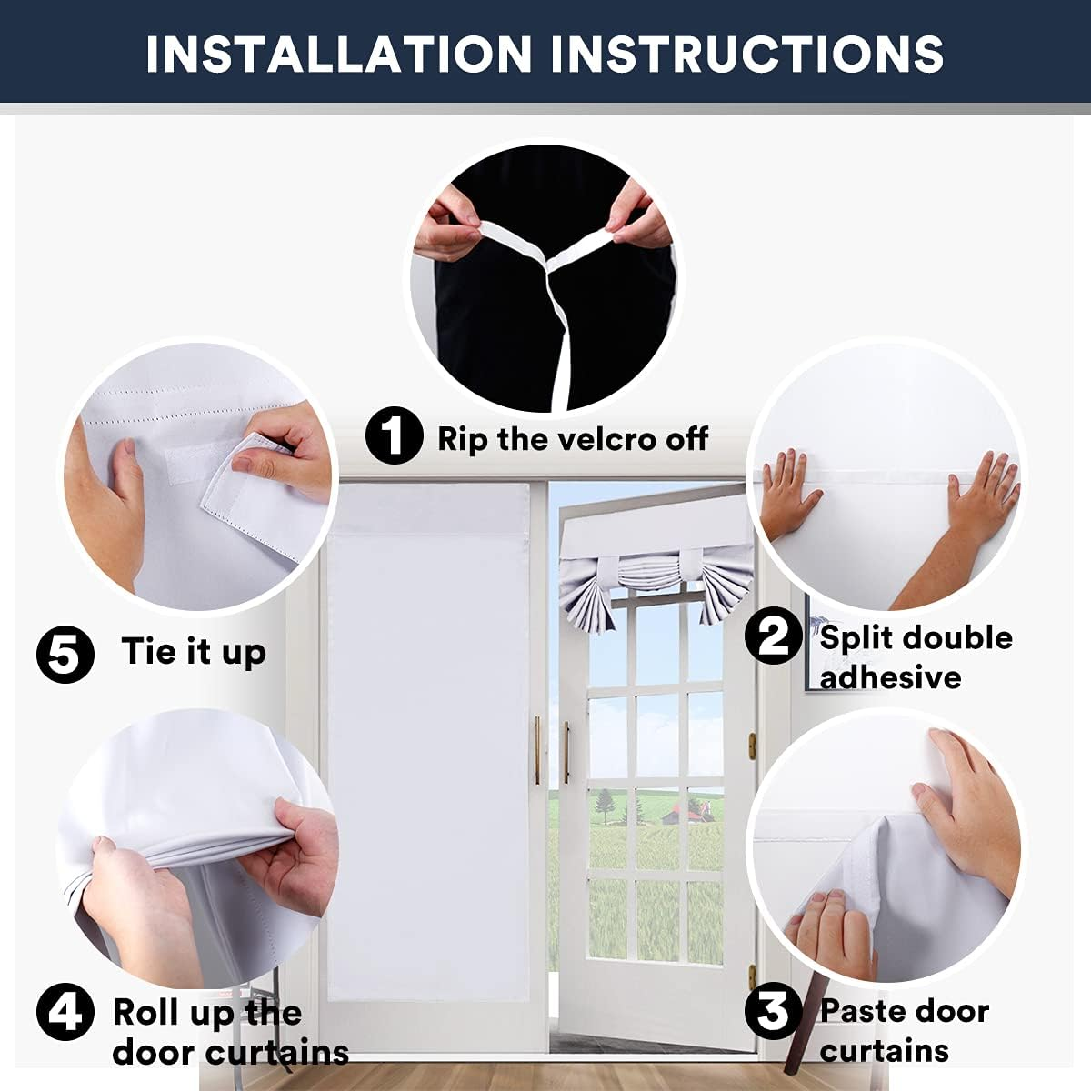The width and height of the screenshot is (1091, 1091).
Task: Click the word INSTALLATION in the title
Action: click(x=338, y=54)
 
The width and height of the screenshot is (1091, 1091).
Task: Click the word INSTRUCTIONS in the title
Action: click(x=746, y=54)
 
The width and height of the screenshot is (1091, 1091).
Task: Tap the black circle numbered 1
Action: click(x=394, y=435)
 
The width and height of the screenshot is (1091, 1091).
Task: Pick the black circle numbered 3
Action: click(x=774, y=1012)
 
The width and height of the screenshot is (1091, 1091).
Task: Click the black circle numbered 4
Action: click(x=65, y=1012)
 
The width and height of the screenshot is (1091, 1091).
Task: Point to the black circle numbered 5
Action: click(x=65, y=655)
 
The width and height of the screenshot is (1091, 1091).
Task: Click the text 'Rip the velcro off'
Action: click(x=573, y=438)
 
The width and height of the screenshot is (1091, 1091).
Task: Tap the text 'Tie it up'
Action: click(x=194, y=652)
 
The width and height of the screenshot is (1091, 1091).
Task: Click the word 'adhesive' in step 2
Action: click(x=891, y=676)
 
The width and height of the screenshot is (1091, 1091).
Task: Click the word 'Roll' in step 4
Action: click(x=145, y=1011)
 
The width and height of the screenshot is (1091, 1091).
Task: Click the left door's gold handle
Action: click(x=536, y=750)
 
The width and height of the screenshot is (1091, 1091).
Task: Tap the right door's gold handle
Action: click(x=566, y=753)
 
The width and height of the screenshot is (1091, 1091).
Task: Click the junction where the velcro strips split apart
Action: click(x=547, y=262)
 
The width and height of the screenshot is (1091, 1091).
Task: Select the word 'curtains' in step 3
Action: click(x=885, y=1051)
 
